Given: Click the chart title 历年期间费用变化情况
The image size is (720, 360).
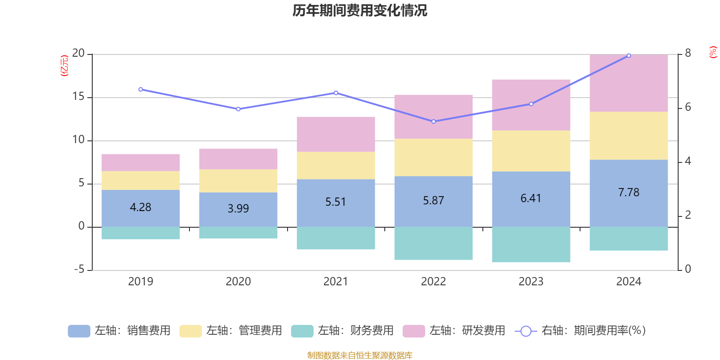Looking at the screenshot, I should point(360,10).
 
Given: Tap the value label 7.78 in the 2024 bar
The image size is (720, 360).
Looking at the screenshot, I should point(629,193).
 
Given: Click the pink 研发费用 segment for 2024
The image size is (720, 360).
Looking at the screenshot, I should point(629,83).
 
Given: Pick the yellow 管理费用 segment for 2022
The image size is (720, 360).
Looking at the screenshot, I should point(433,157).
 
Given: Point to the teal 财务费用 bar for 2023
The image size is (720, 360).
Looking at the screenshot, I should point(531,244).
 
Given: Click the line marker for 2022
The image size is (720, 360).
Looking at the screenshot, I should point(433,121).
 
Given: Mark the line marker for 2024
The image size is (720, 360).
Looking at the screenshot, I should point(629,56).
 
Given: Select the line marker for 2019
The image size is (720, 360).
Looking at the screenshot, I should point(140,90).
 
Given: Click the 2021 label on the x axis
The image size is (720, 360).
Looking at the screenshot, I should point(336,282).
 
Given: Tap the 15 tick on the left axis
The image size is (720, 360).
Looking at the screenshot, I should point(79,97).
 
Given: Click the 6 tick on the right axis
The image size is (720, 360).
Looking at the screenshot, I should point(688,107).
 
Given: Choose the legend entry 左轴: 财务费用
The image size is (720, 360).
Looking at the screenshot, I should point(343,331).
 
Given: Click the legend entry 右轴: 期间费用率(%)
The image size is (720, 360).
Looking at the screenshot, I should point(580,331).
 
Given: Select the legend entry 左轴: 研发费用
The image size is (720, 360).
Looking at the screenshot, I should point(454,331).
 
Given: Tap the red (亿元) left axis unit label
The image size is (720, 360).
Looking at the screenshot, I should point(64,66).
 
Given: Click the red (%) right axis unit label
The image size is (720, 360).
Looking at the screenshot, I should point(712,52).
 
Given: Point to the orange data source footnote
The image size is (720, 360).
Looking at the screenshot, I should point(360,355).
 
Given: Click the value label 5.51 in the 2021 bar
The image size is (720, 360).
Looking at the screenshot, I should point(336,202).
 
